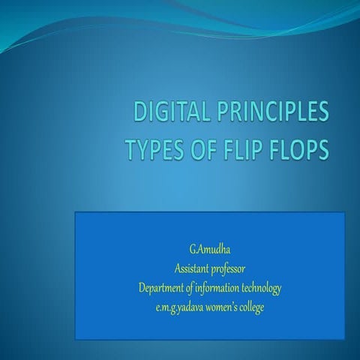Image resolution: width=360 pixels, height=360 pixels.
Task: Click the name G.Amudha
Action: pos(209,248)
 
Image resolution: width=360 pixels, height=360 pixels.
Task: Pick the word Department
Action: pos(161,287)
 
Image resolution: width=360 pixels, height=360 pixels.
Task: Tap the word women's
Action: pos(223,306)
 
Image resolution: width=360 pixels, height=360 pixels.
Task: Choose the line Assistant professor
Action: pos(209,268)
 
